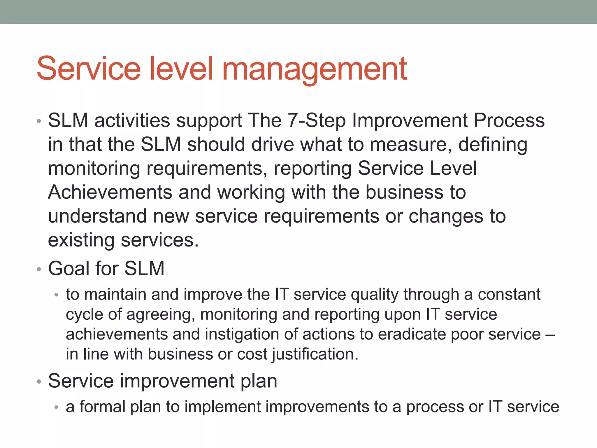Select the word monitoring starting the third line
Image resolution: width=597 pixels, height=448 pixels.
[94, 169]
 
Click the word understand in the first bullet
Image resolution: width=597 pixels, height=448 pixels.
[97, 216]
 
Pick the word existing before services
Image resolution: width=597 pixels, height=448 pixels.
[81, 241]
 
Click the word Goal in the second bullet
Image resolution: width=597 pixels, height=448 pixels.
[69, 268]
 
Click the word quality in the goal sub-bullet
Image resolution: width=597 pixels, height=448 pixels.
[374, 295]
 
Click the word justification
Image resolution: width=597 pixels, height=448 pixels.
[315, 355]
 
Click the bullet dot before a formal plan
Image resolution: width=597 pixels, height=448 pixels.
[57, 407]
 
